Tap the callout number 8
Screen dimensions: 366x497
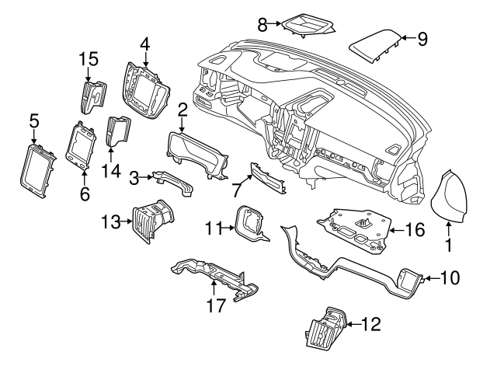[x=262, y=25]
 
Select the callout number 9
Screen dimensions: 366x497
[x=422, y=39]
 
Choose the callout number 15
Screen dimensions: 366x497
[x=89, y=58]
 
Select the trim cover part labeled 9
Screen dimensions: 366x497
[x=374, y=44]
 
